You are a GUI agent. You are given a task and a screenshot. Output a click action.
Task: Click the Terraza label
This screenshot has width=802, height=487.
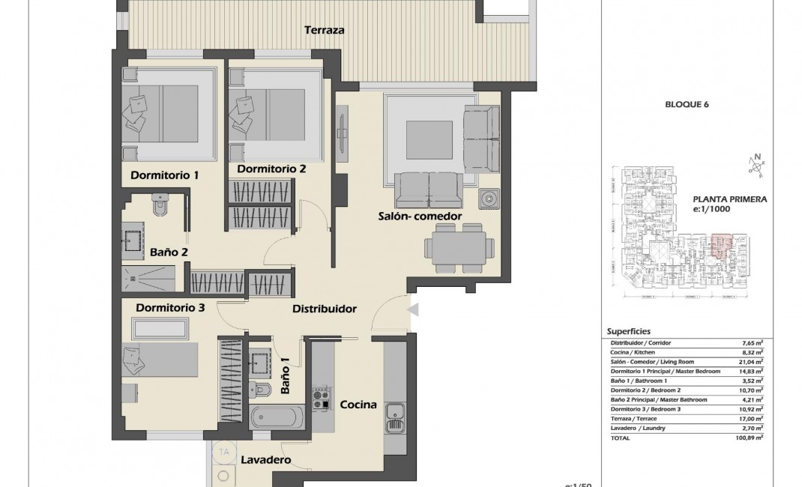(324, 31)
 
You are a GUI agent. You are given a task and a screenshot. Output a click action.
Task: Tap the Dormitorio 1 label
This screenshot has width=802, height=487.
(164, 176)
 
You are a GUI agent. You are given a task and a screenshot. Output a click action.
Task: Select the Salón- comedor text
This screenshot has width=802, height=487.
(419, 217)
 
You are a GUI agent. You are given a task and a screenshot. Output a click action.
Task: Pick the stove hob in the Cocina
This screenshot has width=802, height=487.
(323, 397)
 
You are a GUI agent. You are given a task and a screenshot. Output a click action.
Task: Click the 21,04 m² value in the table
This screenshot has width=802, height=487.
(752, 361)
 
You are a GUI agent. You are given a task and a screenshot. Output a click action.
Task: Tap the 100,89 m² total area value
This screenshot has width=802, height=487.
(750, 438)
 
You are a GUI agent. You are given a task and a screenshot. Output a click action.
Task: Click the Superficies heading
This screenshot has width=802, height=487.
(628, 331)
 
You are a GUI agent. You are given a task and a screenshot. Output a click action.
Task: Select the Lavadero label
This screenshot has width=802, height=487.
(265, 460)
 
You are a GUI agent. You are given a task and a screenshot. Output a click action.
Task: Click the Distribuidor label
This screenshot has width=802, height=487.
(324, 309)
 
